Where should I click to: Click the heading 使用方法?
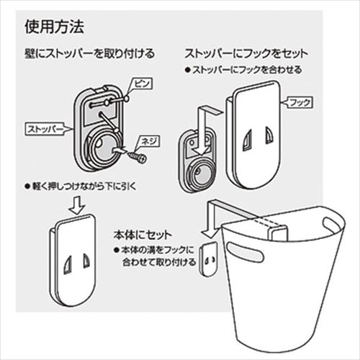54,28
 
